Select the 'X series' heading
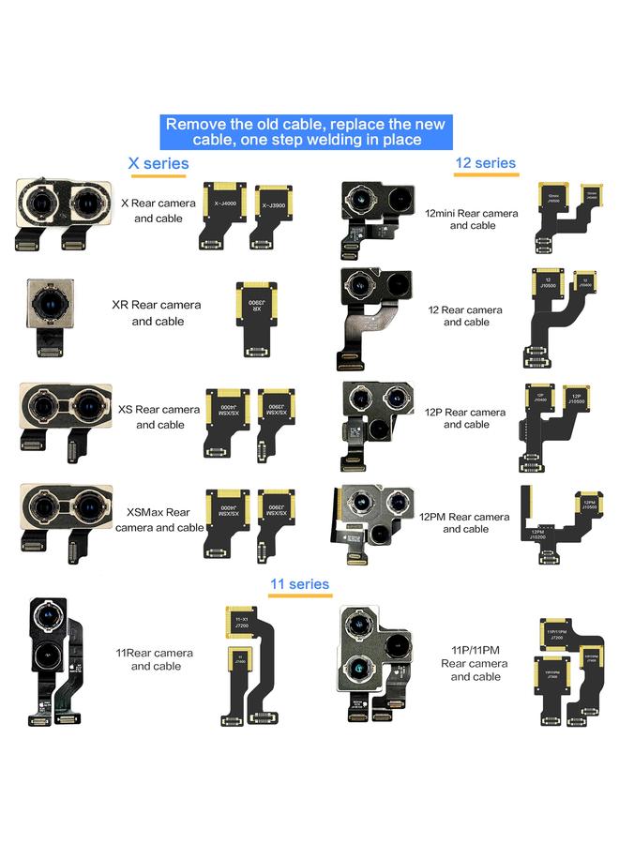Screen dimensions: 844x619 (159, 164)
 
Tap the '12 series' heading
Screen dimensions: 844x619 (485, 163)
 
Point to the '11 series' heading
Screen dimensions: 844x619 (299, 584)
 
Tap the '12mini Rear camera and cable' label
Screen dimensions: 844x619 (472, 219)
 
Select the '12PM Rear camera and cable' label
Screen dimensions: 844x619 (465, 522)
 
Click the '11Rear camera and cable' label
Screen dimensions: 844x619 (156, 659)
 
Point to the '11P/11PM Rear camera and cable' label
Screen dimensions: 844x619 (475, 663)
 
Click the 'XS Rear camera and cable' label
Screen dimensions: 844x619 (159, 416)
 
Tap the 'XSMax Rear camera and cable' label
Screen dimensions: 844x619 (159, 520)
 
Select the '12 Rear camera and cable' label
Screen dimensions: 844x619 (466, 316)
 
